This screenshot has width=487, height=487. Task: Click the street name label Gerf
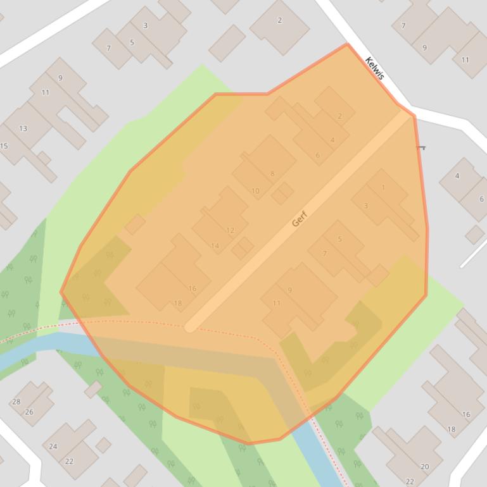pyautogui.click(x=300, y=218)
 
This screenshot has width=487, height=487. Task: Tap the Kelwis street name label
pyautogui.click(x=375, y=68)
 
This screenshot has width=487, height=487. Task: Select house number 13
pyautogui.click(x=23, y=128)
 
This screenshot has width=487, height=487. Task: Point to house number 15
pyautogui.click(x=4, y=146)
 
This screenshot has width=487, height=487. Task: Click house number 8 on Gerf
pyautogui.click(x=272, y=174)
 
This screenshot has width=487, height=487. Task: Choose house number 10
pyautogui.click(x=256, y=190)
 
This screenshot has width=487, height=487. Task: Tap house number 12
pyautogui.click(x=230, y=230)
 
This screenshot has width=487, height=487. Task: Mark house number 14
pyautogui.click(x=215, y=246)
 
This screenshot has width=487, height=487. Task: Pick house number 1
pyautogui.click(x=383, y=187)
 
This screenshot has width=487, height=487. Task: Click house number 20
pyautogui.click(x=424, y=467)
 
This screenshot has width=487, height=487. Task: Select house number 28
pyautogui.click(x=16, y=402)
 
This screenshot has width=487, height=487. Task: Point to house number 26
pyautogui.click(x=29, y=412)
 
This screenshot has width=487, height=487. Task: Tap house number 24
pyautogui.click(x=53, y=446)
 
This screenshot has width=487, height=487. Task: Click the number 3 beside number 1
pyautogui.click(x=365, y=206)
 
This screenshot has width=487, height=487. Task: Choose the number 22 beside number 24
pyautogui.click(x=69, y=461)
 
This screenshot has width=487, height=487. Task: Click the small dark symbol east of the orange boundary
pyautogui.click(x=421, y=147)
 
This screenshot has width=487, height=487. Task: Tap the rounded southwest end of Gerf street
pyautogui.click(x=190, y=326)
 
